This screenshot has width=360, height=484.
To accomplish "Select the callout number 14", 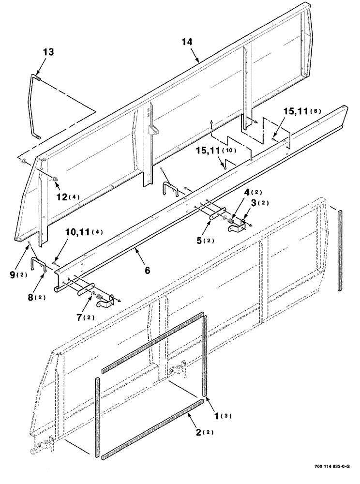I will click(x=188, y=42).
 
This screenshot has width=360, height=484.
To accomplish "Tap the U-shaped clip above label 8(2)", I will click(x=38, y=265).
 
